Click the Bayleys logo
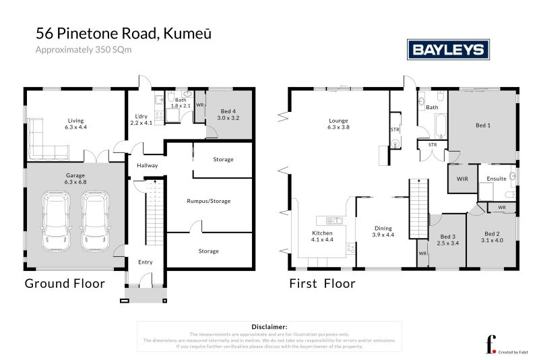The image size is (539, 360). click(447, 50)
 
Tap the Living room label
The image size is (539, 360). click(75, 123)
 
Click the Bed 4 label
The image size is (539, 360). click(228, 114)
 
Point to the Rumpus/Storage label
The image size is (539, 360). click(209, 201)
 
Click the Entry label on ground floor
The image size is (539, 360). click(145, 262)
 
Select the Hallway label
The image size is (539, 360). click(147, 165)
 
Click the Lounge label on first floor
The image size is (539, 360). click(338, 123)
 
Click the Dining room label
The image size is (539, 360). click(383, 231)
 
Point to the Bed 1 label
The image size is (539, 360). click(483, 125)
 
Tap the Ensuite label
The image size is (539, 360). click(497, 179)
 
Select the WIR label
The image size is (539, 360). click(462, 179)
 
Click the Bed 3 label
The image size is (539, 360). click(448, 240)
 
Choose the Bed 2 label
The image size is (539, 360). click(493, 235)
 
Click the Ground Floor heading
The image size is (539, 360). click(65, 284)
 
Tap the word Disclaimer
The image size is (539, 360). click(269, 326)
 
